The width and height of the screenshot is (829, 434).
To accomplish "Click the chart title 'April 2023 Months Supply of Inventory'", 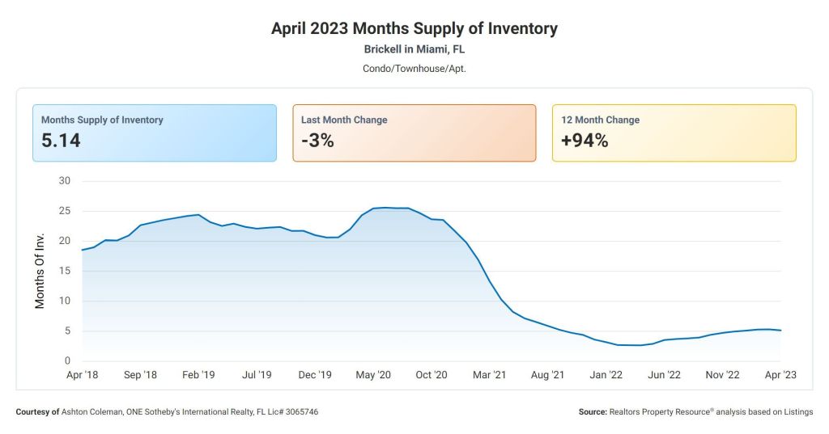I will tap(414, 28).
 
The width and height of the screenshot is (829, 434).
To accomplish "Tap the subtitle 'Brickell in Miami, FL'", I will tap(414, 49).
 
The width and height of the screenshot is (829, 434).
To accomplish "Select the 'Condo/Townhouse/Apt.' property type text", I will tap(414, 68).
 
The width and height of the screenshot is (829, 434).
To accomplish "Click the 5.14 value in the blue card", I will tap(61, 141).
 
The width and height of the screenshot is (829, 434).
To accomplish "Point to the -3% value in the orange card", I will tap(317, 141).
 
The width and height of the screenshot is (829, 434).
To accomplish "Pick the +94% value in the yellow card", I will tap(585, 141).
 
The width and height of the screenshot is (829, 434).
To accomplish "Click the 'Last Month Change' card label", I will tap(344, 120).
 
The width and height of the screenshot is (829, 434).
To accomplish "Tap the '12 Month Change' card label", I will tap(600, 120).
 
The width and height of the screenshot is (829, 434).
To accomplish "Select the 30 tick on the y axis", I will tap(65, 180).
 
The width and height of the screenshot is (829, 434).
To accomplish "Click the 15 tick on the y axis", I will tap(65, 271).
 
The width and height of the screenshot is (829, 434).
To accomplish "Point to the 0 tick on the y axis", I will tap(67, 360).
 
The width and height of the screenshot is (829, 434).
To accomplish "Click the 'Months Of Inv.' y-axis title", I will tap(40, 271).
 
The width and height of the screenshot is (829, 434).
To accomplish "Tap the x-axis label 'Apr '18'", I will tap(83, 375).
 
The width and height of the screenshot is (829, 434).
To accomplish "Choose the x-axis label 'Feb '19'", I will tap(198, 375).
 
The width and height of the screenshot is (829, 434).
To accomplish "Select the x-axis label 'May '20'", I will tap(373, 375).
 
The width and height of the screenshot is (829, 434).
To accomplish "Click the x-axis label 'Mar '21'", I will tap(489, 375).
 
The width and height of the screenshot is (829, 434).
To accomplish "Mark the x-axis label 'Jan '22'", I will tap(606, 375).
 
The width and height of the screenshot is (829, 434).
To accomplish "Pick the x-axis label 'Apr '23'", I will tap(780, 375).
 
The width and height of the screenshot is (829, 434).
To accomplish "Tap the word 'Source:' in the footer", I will tap(593, 412).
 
